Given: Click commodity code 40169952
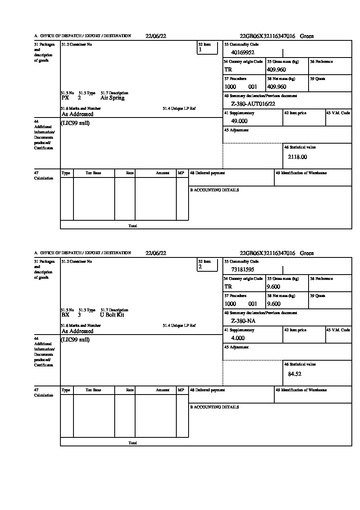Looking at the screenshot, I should pos(243,53).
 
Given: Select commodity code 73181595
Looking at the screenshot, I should pos(243,270).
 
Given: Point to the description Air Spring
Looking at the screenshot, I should pos(112,98).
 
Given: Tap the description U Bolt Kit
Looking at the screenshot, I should pos(112,315).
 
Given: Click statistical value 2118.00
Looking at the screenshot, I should pos(297,157).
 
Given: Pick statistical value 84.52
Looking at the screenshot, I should pos(295,374).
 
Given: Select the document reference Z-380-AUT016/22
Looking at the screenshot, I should pos(253,104).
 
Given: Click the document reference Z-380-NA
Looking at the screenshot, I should pos(243,321).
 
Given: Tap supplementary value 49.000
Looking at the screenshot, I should pos(239,121).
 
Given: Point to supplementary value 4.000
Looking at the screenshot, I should pos(238,338).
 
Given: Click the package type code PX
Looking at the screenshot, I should pos(65,98).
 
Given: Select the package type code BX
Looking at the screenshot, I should pos(65,315).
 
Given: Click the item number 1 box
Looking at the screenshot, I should pos(207,48).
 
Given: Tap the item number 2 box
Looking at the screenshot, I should pos(207,265).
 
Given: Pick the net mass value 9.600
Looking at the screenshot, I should pos(273,304).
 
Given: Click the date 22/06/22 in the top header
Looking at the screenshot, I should pos(156,36).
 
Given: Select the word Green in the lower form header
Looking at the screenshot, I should pos(307,253).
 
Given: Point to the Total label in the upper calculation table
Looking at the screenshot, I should pos(133,226).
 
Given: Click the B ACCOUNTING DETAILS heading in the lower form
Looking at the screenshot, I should pos(214,407).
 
